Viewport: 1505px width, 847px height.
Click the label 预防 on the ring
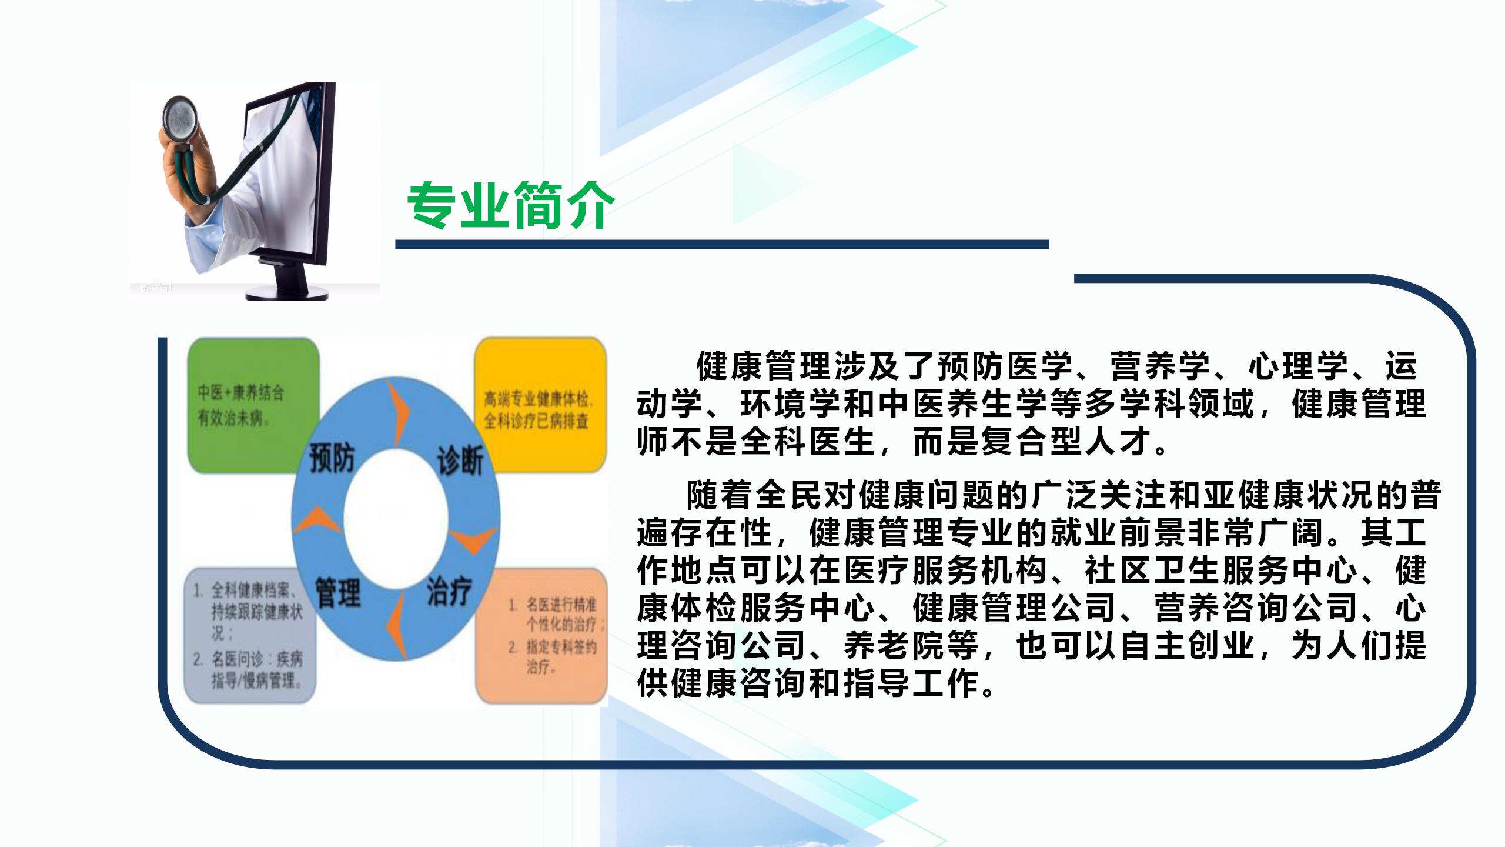click(x=333, y=458)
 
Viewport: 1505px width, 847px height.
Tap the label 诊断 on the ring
click(x=460, y=459)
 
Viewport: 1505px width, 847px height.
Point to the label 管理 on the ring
click(x=337, y=592)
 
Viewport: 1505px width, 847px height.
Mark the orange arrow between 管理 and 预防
click(x=317, y=521)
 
